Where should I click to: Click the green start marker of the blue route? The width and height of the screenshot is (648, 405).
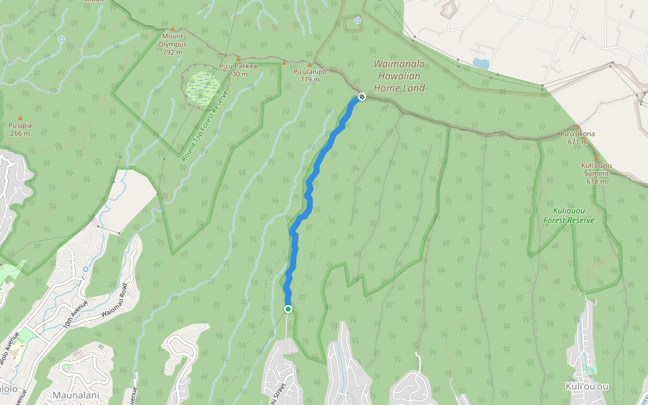coord(288,309)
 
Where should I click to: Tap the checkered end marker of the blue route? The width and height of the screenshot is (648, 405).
coord(362,97)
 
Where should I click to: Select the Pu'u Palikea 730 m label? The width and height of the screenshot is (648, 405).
coord(238,70)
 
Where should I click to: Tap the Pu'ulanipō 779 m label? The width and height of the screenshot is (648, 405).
coord(310,75)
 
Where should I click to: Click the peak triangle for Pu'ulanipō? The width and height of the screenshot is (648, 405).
coord(310,65)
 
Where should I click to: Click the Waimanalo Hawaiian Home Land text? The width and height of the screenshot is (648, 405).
coord(400,76)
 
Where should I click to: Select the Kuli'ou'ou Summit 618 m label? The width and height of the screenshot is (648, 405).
coord(595,173)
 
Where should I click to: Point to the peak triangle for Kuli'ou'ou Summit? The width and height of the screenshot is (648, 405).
coord(596,159)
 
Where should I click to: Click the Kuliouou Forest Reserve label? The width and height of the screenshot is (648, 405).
coord(569,216)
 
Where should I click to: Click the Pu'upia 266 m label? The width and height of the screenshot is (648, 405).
coord(20,129)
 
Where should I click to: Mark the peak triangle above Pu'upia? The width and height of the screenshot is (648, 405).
coord(19,117)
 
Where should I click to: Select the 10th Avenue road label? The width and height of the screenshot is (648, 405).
coord(76,314)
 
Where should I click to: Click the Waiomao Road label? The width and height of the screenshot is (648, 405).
coord(113,301)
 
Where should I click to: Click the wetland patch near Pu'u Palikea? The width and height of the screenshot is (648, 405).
coord(202,88)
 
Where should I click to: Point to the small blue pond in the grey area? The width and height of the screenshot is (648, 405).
coord(481,63)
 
